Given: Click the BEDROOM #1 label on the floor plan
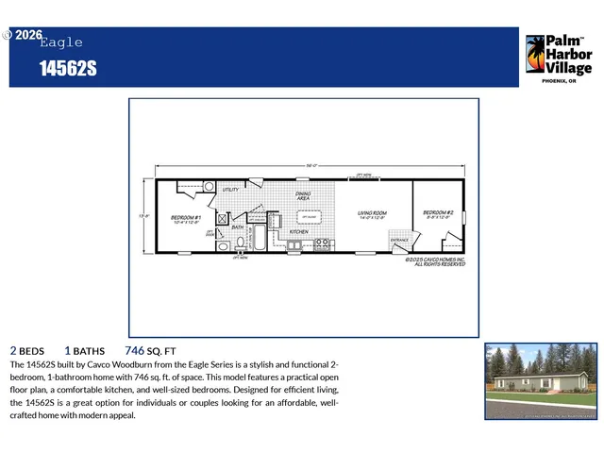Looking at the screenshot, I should pos(184,219).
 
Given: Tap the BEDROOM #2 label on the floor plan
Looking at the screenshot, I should pos(438,214).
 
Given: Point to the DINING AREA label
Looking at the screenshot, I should pos(303,195).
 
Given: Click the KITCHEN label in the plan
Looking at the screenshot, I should pos(298,231).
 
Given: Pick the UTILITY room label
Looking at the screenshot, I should pos(230,190).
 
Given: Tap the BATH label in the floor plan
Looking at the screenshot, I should pos(238,226).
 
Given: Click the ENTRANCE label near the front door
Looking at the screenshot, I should pos(399,240).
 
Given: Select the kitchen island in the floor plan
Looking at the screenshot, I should pos(309,215).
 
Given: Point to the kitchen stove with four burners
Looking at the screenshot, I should pos(321,244).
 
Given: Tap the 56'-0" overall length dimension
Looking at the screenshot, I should pos(311,166).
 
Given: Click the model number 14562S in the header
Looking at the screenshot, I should pos(68,69).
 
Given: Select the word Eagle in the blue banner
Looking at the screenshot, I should pos(61,42).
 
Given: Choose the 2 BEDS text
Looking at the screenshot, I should pos(26,349).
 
